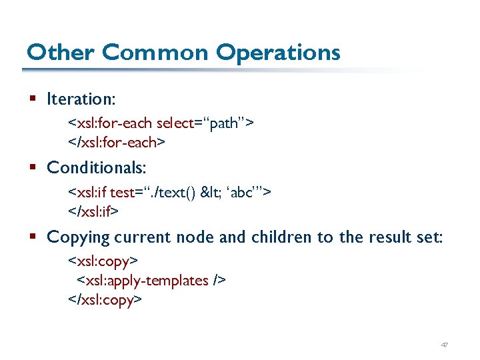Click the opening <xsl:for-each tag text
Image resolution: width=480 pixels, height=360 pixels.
coord(110,123)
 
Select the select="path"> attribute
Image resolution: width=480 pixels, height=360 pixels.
coord(204,123)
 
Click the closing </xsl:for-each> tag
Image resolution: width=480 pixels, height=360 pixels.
coord(113,142)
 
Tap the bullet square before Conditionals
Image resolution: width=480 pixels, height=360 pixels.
coord(33,168)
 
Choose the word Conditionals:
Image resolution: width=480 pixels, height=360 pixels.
coord(97,167)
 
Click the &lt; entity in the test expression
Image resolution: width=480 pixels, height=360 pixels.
coord(213,193)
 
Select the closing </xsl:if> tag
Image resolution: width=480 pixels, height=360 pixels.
coord(93,211)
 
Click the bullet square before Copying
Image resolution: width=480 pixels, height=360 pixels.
coord(33,237)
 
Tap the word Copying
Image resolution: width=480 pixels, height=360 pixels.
coord(79,237)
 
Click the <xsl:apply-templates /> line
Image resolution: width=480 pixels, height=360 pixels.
coord(152,280)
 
